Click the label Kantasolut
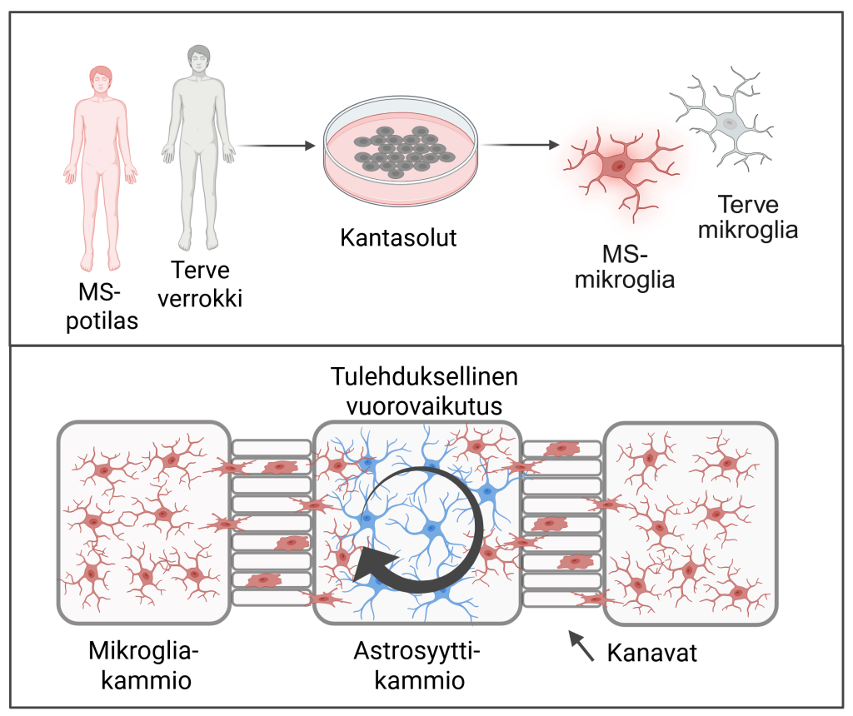pyautogui.click(x=399, y=237)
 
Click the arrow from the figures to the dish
pyautogui.click(x=276, y=147)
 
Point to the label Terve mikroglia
pyautogui.click(x=747, y=216)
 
